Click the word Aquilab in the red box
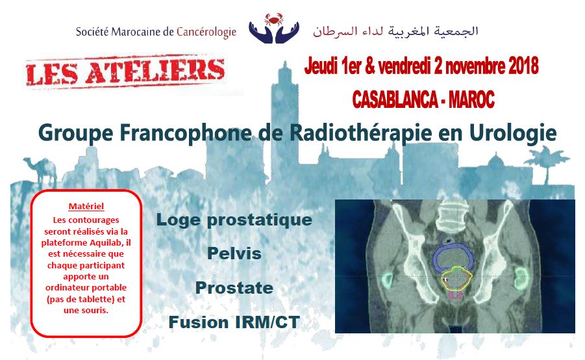104,241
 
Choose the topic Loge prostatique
234,220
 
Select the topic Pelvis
234,253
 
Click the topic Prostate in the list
234,287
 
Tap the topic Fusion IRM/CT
234,321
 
